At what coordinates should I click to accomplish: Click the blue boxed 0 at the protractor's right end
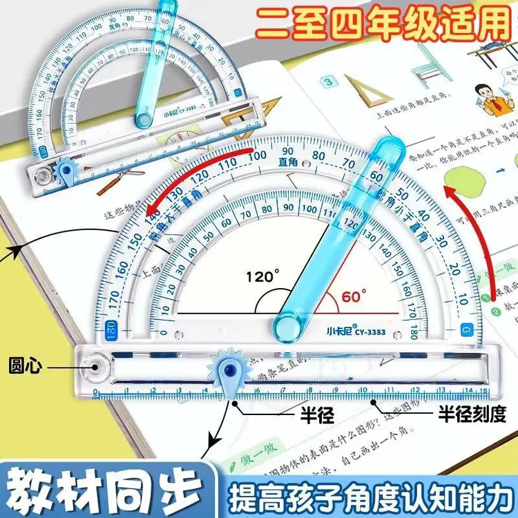[x=466, y=330]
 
